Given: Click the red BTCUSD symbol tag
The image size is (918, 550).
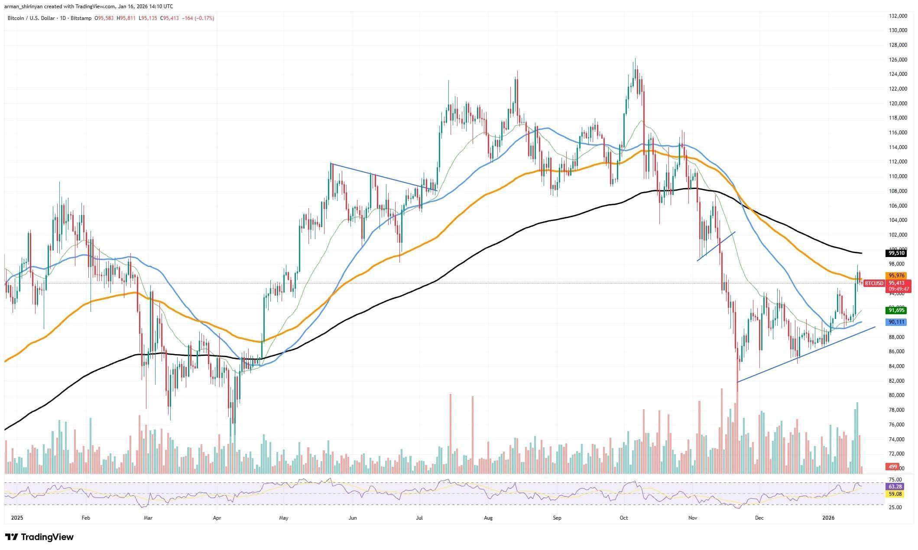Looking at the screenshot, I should [873, 283].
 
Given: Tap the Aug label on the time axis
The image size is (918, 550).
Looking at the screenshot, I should [488, 518].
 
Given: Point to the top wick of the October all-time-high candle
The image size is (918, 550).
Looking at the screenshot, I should [635, 59].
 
